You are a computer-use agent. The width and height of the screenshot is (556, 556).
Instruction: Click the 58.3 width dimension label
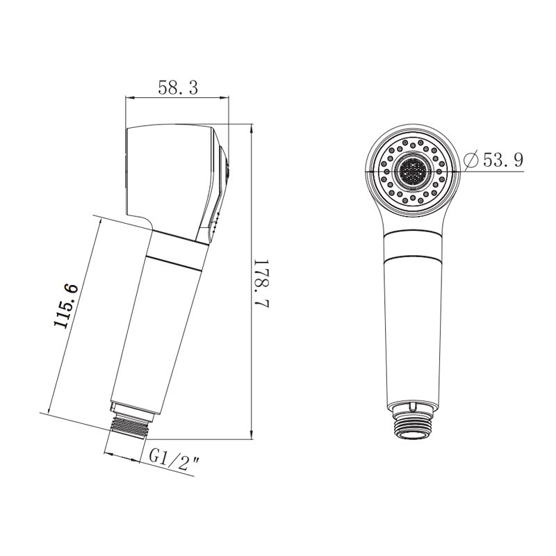pyautogui.click(x=178, y=88)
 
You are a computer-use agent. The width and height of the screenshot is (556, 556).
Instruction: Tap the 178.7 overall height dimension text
pyautogui.click(x=263, y=284)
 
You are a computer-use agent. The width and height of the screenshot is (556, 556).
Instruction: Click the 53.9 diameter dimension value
pyautogui.click(x=503, y=160)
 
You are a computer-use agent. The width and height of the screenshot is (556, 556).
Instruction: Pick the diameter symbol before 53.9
pyautogui.click(x=473, y=161)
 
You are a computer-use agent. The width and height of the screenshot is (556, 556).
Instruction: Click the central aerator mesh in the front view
pyautogui.click(x=413, y=171)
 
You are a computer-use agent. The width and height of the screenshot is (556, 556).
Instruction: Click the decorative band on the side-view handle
pyautogui.click(x=177, y=250)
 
